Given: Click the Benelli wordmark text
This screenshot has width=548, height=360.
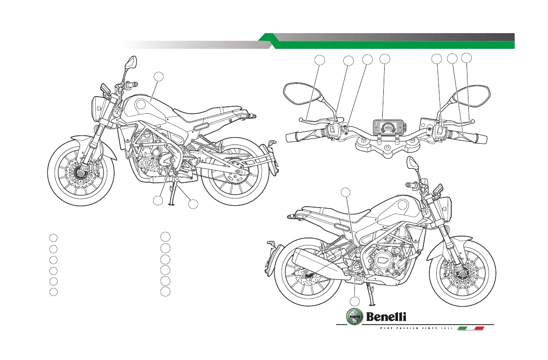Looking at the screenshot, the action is (x=386, y=316).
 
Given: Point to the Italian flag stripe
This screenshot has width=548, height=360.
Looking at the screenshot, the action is (x=473, y=328).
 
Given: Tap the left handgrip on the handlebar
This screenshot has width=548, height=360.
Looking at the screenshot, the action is (x=301, y=136).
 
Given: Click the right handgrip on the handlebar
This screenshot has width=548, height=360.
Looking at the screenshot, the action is (x=474, y=136).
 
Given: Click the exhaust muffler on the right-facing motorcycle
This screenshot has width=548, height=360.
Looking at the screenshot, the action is (x=317, y=263).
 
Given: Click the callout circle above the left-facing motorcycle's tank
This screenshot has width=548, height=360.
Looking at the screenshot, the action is (x=158, y=77).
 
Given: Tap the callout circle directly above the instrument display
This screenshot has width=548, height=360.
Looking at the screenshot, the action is (x=385, y=58).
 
